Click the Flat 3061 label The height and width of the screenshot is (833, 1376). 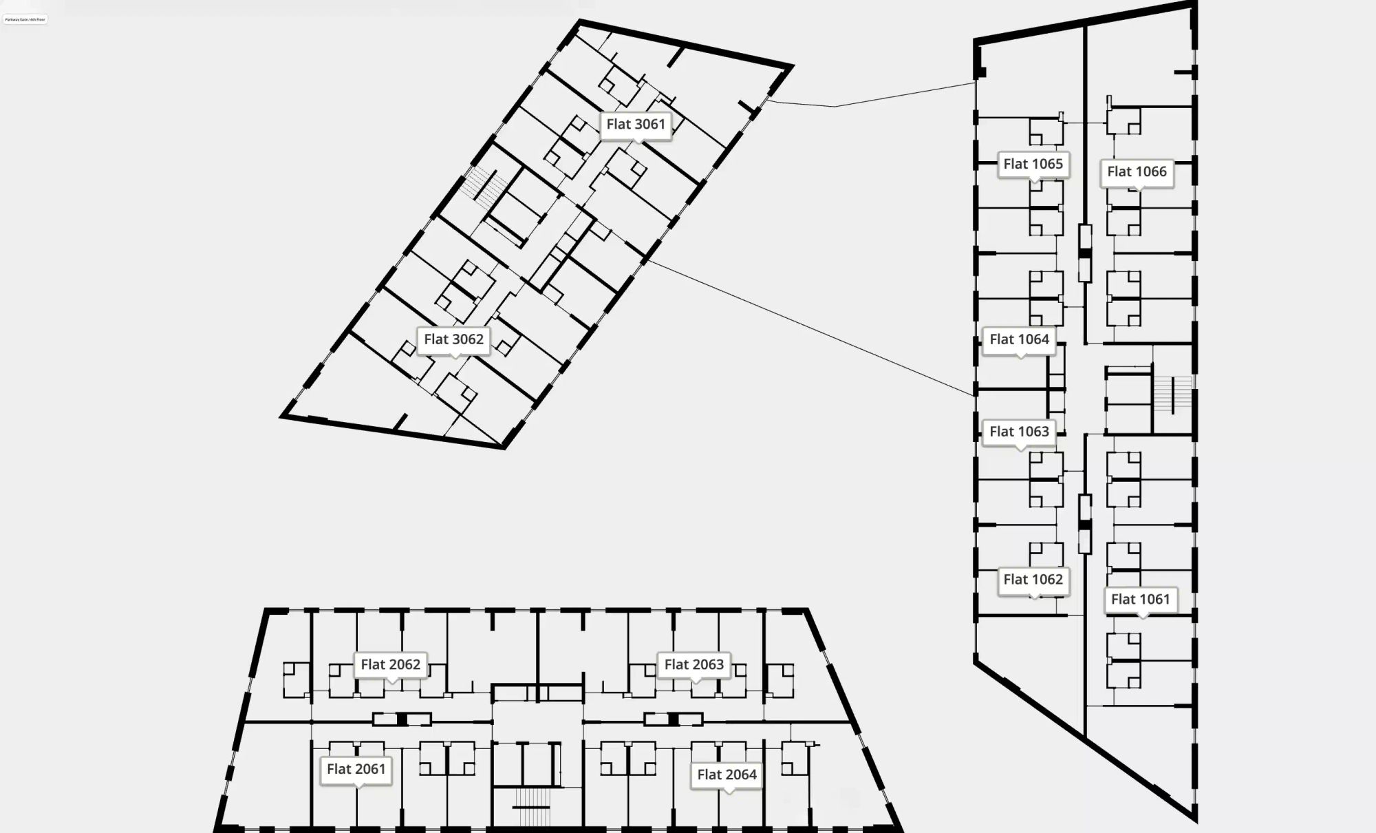coord(636,125)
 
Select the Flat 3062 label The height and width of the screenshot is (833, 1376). coord(453,339)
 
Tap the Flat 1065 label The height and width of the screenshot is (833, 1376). coord(1033,164)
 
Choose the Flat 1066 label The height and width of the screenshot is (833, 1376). coord(1137,171)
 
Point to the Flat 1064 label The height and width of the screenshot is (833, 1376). coord(1019,339)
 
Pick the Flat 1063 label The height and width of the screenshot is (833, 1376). coord(1019,432)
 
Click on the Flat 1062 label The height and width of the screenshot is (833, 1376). coord(1033,580)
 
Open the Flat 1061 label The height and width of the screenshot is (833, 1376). coord(1140,599)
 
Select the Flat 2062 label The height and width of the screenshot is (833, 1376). coord(390,664)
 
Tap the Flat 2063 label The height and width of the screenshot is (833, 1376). coord(694,664)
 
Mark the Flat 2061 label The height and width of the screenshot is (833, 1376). coord(356,769)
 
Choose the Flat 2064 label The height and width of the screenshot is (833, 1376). coord(727,774)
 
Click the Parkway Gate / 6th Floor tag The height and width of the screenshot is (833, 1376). coord(25,19)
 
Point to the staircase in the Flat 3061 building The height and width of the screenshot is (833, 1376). coord(484,185)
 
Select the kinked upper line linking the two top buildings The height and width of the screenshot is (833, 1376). coord(836,106)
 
